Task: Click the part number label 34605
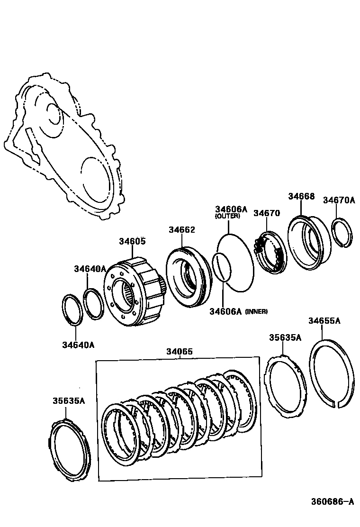coord(132,241)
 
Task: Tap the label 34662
coord(181,229)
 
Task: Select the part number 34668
coord(301,196)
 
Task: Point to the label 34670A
coord(339,200)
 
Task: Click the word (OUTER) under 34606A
coord(227,216)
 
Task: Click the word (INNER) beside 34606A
coord(256,311)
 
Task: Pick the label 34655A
coord(324,321)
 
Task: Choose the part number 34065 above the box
coord(179,352)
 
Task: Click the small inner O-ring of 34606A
coord(221,268)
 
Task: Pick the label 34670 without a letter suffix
coord(267,213)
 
